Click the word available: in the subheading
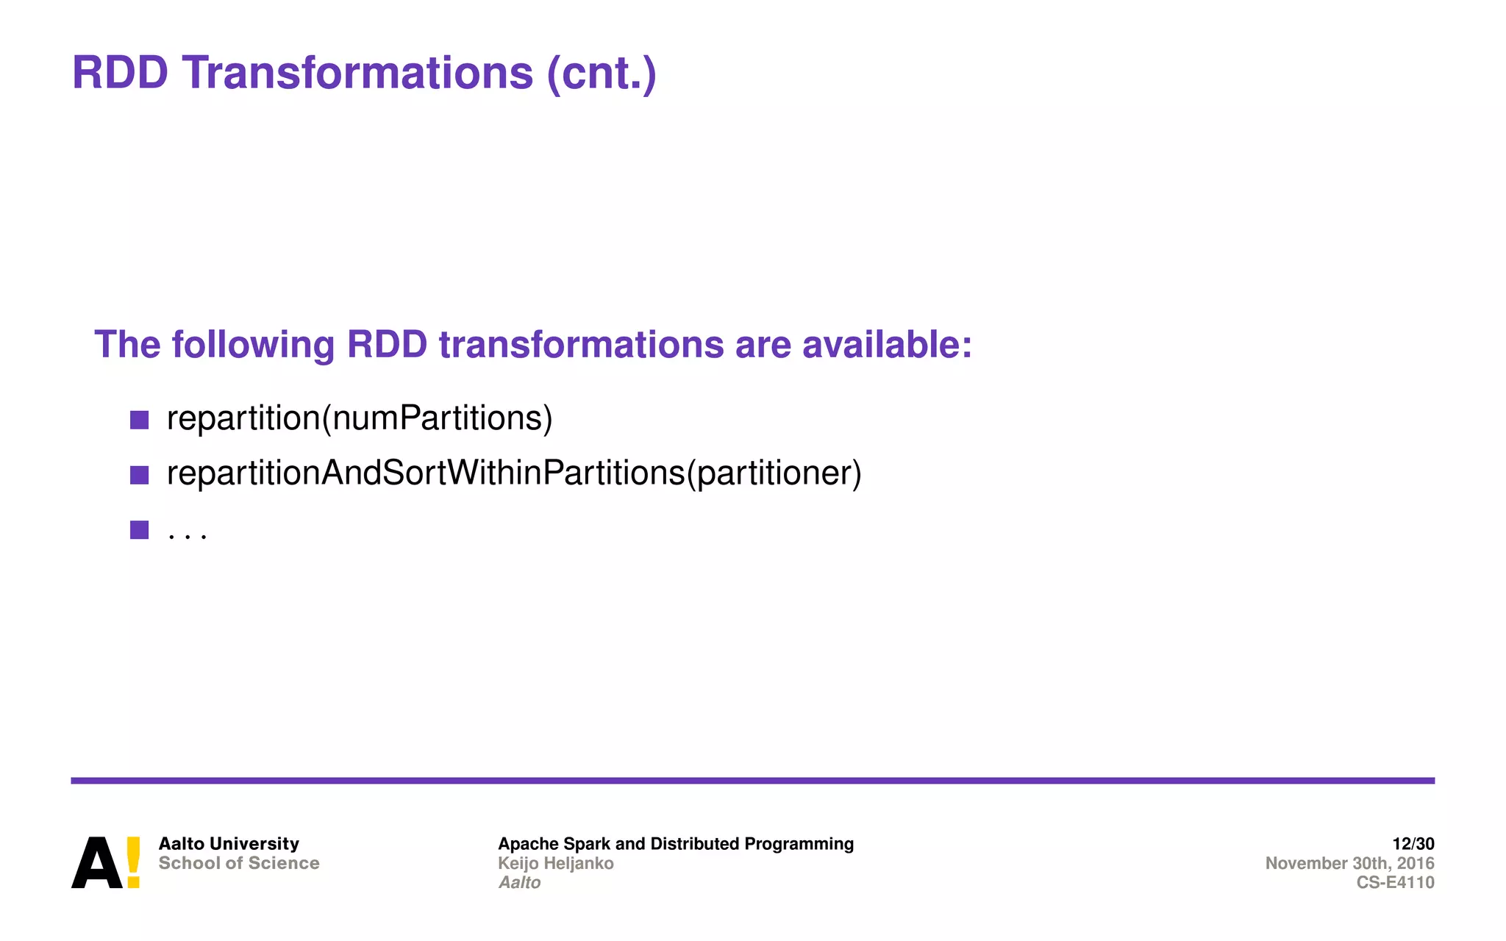[887, 344]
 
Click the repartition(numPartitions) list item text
[359, 418]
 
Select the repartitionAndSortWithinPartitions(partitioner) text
[513, 473]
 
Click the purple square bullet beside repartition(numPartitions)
[139, 420]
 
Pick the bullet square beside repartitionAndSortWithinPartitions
[139, 475]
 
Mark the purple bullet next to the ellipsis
[139, 529]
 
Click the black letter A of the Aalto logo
[96, 863]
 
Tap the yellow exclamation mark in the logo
[133, 862]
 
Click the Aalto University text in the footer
[229, 843]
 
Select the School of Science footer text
[239, 863]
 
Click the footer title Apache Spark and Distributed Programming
[675, 843]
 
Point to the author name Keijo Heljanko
[555, 863]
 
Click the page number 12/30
[1413, 843]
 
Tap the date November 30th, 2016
[1349, 863]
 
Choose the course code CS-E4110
[1394, 882]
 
